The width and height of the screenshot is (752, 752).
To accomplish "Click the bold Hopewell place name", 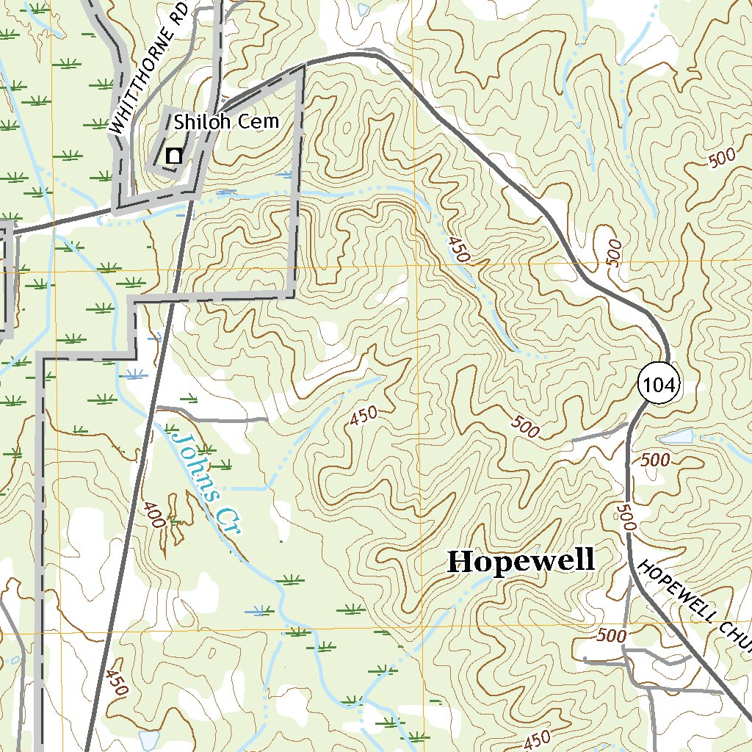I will coord(521,561).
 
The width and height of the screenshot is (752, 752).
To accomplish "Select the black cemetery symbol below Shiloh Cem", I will coord(174,156).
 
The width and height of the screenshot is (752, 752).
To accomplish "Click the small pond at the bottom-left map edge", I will coord(148,740).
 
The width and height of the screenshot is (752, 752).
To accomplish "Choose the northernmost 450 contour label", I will coord(457,249).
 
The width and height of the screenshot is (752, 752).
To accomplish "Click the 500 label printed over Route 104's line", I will coord(626,518).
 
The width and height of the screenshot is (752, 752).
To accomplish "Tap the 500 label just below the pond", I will coord(655,460).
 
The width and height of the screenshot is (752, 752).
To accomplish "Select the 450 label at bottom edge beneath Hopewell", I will coord(537,741).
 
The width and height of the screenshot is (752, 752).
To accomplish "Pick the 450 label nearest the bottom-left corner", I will coord(116,681).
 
